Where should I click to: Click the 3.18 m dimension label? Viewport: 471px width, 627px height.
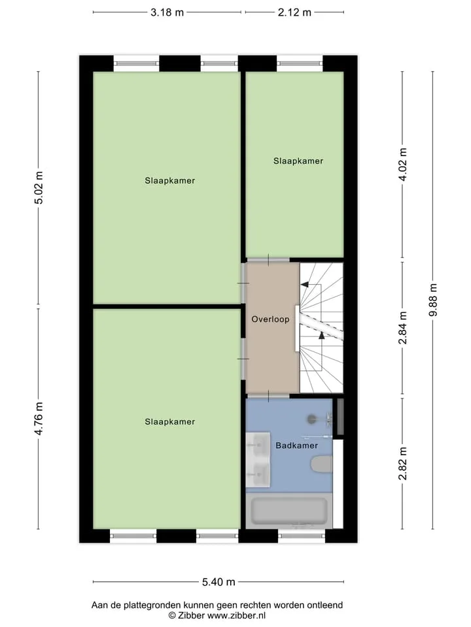167,12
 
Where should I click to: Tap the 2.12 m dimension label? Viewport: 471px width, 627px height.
294,12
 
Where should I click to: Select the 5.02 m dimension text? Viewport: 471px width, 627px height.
39,187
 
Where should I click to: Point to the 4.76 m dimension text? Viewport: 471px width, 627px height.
39,419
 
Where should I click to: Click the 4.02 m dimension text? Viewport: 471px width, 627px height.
402,165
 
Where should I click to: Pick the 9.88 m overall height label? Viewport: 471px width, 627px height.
433,300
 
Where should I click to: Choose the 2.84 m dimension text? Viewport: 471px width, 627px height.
402,328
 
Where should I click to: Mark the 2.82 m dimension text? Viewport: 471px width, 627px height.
402,464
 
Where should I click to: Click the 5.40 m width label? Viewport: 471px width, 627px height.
218,582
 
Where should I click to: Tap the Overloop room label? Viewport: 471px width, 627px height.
270,319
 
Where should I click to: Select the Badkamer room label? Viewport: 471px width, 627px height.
297,445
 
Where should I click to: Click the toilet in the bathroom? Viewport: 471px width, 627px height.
322,464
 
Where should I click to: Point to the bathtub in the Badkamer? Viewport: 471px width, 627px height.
289,511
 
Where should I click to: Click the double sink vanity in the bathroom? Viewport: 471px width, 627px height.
258,459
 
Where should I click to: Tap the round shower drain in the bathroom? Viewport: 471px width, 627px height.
312,419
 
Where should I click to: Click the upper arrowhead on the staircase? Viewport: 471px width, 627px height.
304,284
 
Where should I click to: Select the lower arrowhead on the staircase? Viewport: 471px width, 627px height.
322,336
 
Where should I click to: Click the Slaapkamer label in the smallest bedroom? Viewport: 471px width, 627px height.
298,161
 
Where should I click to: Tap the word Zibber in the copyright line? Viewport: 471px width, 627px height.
192,615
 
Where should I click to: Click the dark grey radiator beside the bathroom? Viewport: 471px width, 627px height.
340,417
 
